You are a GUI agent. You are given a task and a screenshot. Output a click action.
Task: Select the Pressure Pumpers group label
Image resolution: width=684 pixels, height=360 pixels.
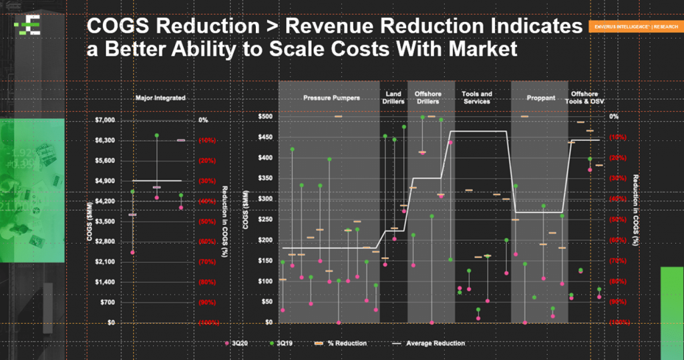tap(331, 98)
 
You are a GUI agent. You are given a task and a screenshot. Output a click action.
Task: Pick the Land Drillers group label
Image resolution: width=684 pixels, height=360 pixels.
tap(393, 98)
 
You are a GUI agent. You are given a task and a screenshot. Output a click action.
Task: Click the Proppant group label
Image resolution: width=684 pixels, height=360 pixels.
tap(540, 98)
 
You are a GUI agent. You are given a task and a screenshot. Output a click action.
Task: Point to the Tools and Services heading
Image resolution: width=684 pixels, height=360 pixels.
tap(477, 98)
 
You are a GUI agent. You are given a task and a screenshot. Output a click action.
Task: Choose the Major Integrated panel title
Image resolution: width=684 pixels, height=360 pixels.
tap(160, 98)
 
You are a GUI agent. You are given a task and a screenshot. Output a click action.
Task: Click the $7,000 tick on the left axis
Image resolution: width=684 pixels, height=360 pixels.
tap(106, 120)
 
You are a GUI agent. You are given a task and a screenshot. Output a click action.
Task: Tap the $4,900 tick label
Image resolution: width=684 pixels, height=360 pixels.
tap(106, 181)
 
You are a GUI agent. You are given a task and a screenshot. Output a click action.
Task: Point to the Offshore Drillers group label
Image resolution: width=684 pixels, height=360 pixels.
tap(427, 98)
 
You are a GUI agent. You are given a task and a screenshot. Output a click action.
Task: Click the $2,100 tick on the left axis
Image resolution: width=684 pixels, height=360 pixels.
tap(106, 262)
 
